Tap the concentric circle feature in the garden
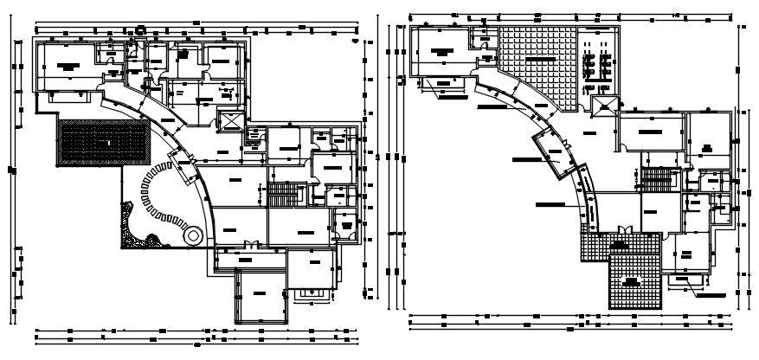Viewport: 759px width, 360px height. [192, 235]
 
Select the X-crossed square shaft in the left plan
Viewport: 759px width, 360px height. [232, 122]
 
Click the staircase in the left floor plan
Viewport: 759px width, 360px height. [282, 194]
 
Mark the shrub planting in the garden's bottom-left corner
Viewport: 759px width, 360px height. [132, 222]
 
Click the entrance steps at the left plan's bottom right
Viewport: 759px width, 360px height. [311, 295]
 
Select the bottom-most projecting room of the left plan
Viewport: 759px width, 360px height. [261, 297]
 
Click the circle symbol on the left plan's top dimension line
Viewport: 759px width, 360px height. [141, 29]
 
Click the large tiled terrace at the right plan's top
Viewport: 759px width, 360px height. [537, 65]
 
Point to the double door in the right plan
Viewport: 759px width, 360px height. [624, 229]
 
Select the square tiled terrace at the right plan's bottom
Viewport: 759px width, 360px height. [635, 280]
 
